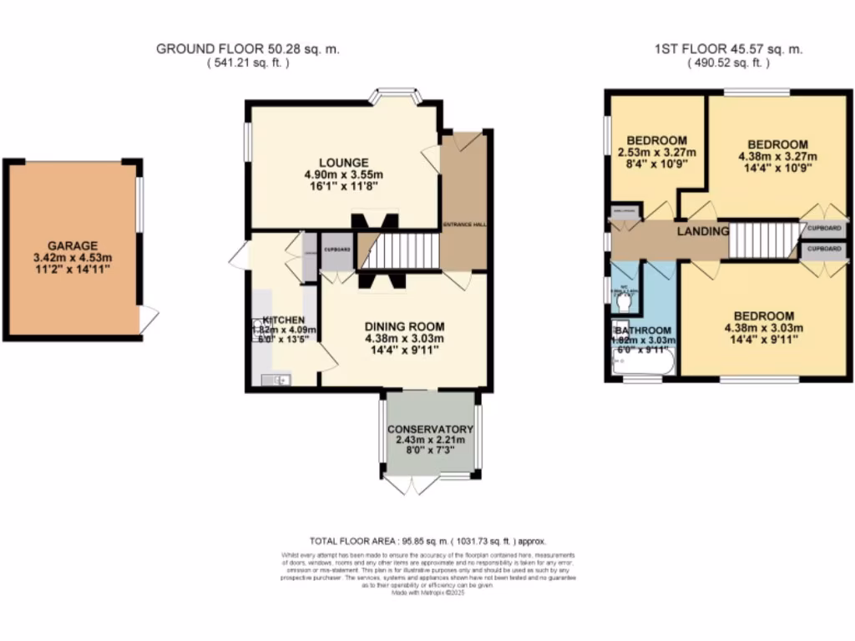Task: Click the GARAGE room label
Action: tap(72, 245)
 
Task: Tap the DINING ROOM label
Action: tap(403, 326)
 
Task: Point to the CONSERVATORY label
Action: tap(430, 429)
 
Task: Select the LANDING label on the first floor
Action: tap(702, 231)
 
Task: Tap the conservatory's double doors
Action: tap(410, 484)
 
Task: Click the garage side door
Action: tap(149, 318)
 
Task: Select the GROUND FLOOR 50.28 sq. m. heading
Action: tap(247, 49)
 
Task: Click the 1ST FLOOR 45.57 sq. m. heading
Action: tap(728, 49)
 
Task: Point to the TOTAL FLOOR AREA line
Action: tap(427, 541)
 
